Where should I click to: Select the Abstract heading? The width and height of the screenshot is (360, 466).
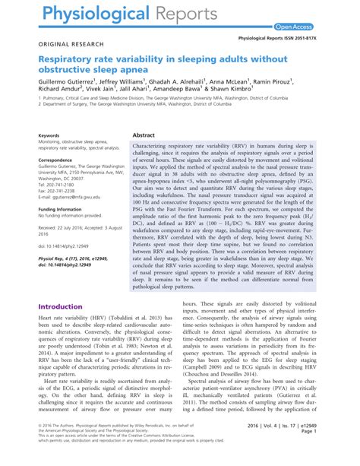coord(144,134)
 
